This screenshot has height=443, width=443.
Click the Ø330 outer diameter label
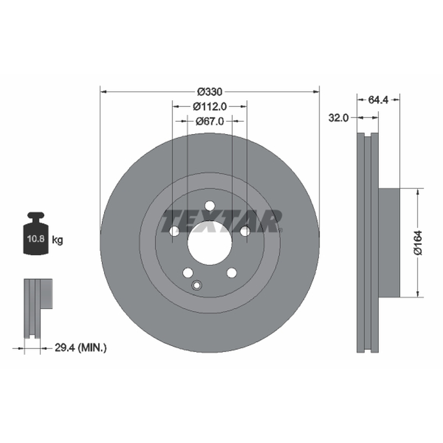(210, 92)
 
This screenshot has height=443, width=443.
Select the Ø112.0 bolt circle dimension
(210, 106)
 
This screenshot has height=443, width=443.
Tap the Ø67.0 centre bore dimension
(210, 121)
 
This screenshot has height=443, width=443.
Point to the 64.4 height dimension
(378, 100)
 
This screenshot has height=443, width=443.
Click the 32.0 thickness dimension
(338, 117)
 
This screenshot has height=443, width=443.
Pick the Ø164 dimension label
(419, 243)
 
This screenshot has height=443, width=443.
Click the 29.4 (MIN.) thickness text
(80, 348)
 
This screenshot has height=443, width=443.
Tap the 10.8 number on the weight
(35, 239)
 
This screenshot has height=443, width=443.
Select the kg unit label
(58, 240)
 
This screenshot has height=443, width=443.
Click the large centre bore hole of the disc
(210, 243)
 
